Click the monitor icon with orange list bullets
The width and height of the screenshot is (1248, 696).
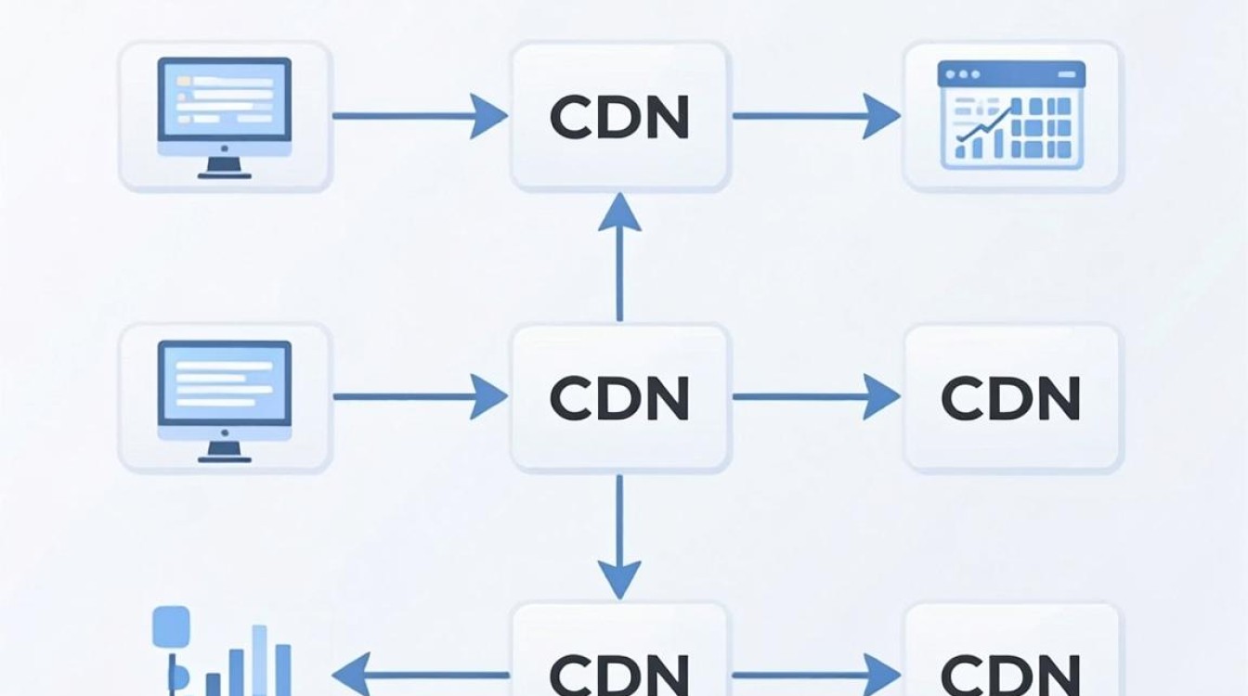click(x=225, y=118)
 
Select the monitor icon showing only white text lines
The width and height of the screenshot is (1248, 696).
click(x=225, y=401)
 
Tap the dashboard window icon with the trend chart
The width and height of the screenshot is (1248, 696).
click(x=1011, y=115)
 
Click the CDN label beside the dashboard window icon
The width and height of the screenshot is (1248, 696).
click(x=619, y=117)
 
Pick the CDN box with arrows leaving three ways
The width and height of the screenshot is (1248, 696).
click(x=619, y=398)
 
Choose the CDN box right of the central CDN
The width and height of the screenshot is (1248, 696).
click(x=1011, y=398)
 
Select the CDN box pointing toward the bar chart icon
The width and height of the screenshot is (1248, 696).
click(x=619, y=651)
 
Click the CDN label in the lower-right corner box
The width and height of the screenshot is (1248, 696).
click(x=1011, y=675)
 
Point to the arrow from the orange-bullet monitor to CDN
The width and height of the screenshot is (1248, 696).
click(x=421, y=116)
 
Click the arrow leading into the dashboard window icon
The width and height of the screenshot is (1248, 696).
click(x=816, y=116)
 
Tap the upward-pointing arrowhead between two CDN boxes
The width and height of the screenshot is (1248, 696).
click(x=619, y=213)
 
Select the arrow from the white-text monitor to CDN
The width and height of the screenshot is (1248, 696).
click(x=421, y=396)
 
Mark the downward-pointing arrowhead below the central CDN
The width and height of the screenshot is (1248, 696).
click(x=619, y=580)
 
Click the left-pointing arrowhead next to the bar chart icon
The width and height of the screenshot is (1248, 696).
click(x=352, y=675)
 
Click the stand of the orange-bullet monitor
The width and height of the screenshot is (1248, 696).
click(x=225, y=168)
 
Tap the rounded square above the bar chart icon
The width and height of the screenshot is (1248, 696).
click(x=171, y=625)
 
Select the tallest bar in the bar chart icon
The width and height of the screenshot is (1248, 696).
click(x=260, y=661)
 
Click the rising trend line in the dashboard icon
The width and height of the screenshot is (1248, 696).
click(x=985, y=122)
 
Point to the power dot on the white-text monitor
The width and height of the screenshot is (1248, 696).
click(x=225, y=432)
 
